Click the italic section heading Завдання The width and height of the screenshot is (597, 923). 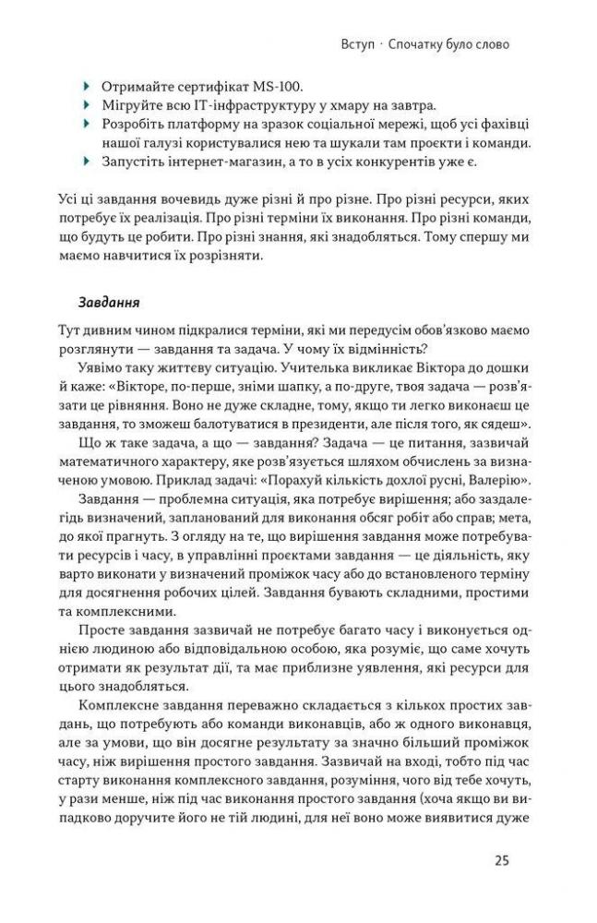108,301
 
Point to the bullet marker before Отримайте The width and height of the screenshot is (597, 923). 88,88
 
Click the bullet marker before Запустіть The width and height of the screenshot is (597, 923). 88,162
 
